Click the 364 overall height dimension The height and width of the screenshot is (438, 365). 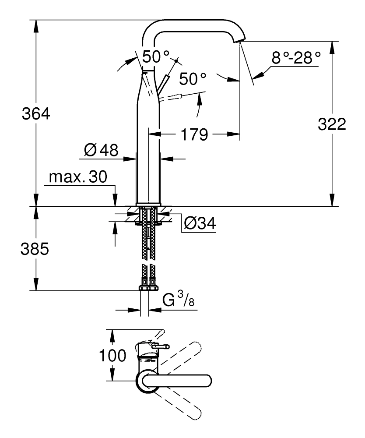click(36, 115)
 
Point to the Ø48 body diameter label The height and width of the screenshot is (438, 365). click(102, 151)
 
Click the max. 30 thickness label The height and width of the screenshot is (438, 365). click(78, 177)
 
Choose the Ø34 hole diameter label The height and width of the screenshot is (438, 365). click(200, 224)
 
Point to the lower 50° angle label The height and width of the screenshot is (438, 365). click(193, 79)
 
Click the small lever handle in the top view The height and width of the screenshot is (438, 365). click(159, 347)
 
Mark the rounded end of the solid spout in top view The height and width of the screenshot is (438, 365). click(207, 380)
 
